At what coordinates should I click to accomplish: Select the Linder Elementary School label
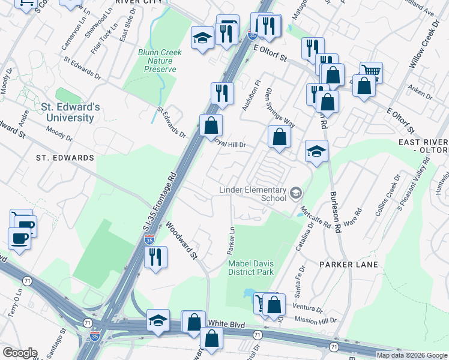(x=252, y=194)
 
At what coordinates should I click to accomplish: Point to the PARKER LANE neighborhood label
(x=348, y=265)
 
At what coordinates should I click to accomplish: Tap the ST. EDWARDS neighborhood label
(x=64, y=158)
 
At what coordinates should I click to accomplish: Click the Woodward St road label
(x=182, y=240)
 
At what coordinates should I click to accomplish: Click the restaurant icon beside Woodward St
(x=155, y=256)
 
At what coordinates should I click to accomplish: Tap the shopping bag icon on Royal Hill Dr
(x=211, y=125)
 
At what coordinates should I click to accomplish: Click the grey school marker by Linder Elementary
(x=295, y=193)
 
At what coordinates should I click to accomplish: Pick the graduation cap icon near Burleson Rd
(x=316, y=151)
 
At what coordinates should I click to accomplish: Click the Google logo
(x=20, y=353)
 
